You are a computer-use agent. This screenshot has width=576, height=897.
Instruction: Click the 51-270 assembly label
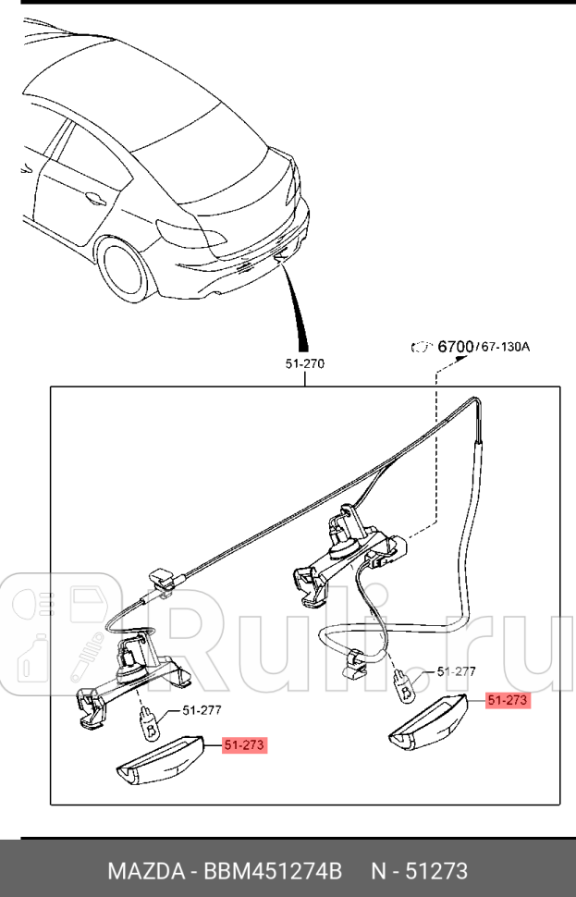tap(304, 364)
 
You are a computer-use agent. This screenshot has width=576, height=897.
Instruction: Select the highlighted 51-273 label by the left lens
tap(245, 744)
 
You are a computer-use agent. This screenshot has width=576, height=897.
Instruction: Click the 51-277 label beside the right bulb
tap(456, 671)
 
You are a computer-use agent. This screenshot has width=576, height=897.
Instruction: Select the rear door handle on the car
tap(93, 196)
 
